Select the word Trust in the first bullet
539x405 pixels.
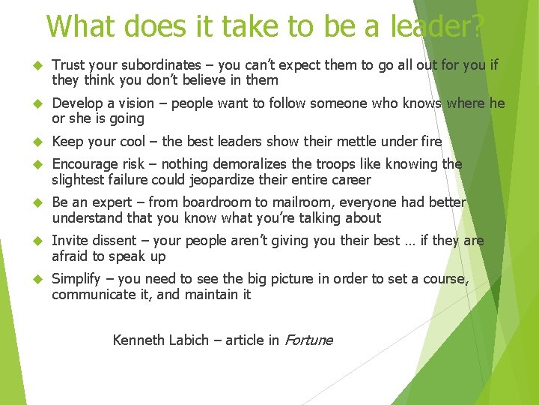click(68, 65)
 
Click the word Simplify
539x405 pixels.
click(76, 279)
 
